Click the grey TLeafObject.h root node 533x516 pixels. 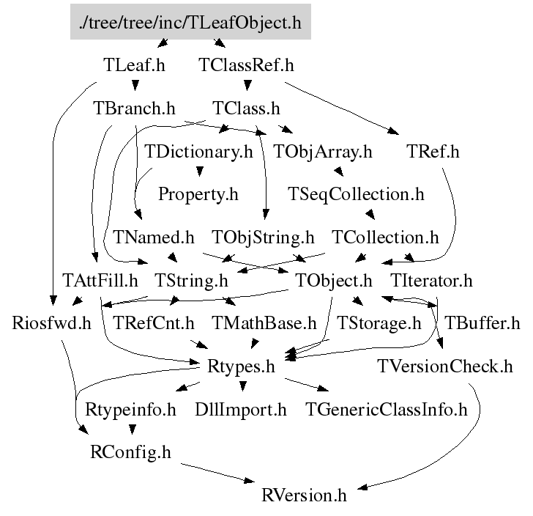click(x=190, y=23)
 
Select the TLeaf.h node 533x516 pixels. click(x=134, y=65)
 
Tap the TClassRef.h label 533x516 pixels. click(x=246, y=65)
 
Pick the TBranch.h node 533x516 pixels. click(x=135, y=109)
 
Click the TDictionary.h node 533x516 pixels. click(x=198, y=152)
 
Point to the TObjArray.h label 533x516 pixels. click(x=323, y=152)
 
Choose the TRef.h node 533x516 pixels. click(x=433, y=152)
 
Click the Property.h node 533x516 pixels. click(x=198, y=195)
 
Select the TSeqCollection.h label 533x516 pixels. click(x=357, y=195)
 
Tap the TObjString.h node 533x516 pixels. click(x=263, y=237)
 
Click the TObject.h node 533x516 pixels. click(x=335, y=281)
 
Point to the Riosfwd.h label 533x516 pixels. click(x=51, y=323)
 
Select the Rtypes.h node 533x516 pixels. click(x=242, y=366)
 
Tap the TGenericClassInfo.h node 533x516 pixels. click(x=386, y=409)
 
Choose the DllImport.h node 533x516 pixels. click(x=241, y=409)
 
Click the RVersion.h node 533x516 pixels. click(x=303, y=495)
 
